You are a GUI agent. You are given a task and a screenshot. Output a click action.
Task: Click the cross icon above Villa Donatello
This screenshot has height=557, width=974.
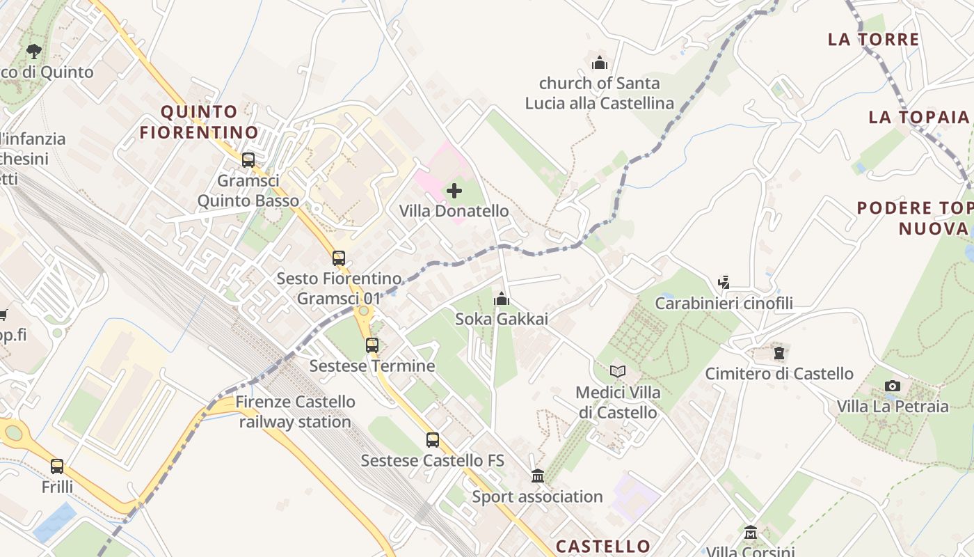(454, 190)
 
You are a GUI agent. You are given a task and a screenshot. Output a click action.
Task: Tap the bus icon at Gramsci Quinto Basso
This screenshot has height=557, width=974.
(248, 160)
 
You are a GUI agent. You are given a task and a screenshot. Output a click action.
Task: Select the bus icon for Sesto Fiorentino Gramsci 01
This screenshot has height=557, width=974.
(339, 258)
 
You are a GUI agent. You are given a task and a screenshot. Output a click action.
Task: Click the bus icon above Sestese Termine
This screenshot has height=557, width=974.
(372, 345)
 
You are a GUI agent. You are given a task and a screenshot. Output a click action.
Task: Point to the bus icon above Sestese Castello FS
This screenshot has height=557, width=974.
(433, 440)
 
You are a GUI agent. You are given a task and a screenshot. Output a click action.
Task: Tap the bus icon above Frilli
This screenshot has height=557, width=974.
(57, 466)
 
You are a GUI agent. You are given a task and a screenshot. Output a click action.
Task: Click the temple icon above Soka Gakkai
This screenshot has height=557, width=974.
(502, 299)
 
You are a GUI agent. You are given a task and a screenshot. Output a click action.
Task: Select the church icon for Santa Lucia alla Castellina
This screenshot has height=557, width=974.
(600, 63)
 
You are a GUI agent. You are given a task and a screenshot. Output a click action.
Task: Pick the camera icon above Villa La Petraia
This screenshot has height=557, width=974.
(893, 386)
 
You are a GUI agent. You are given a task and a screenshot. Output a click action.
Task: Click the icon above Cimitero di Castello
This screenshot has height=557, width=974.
(779, 353)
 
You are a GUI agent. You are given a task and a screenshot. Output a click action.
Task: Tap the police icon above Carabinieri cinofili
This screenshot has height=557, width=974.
(724, 283)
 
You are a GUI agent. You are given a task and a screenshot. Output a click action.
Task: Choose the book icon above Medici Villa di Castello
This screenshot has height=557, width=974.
(618, 372)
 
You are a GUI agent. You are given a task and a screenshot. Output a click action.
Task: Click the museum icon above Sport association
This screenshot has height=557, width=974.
(538, 476)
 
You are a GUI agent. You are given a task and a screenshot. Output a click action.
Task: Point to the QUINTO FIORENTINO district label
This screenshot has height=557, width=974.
(199, 122)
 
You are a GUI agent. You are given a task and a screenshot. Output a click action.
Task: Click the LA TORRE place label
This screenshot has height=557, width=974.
(874, 39)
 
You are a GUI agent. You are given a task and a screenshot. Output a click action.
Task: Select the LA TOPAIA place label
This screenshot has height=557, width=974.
(918, 117)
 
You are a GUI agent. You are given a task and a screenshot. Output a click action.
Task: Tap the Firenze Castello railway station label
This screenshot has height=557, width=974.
(295, 411)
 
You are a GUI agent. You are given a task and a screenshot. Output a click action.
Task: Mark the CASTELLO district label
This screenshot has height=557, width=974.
(603, 546)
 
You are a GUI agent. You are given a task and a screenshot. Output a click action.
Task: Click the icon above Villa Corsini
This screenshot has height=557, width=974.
(751, 533)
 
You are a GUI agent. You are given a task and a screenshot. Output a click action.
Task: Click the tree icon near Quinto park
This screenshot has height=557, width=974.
(33, 51)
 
